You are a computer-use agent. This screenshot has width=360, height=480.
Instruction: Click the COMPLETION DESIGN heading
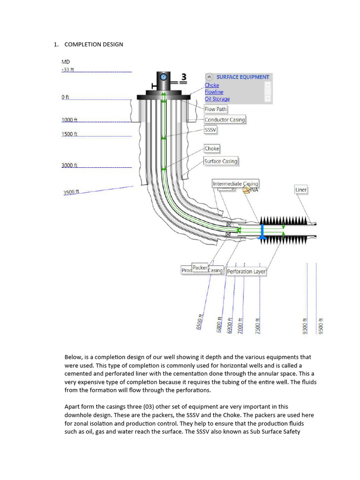93,44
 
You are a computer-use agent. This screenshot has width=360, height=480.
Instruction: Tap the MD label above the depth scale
66,61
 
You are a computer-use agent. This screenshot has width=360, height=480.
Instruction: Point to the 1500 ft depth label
69,134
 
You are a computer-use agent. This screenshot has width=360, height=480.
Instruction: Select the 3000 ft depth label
69,165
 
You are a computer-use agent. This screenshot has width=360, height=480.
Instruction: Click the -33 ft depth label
68,70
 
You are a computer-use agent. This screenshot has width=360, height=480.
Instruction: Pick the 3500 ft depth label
71,192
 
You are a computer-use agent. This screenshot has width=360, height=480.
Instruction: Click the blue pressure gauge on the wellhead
163,76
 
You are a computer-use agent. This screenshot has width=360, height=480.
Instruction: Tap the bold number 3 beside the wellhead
184,77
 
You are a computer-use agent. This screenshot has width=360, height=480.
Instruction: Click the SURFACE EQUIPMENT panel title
242,77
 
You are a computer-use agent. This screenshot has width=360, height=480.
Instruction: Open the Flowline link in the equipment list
214,92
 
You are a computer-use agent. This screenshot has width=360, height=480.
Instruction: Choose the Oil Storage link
217,99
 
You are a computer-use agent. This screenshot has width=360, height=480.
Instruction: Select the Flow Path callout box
216,109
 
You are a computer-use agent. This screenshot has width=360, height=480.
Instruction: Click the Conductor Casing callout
225,120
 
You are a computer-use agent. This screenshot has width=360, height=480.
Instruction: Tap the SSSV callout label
210,129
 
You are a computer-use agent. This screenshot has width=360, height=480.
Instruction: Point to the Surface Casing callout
221,161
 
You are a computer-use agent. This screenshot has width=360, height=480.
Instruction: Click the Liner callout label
301,190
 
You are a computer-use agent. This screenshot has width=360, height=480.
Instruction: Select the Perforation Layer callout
246,271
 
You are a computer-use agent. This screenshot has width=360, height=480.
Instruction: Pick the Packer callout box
200,268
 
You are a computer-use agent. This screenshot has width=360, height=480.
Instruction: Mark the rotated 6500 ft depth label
199,322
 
